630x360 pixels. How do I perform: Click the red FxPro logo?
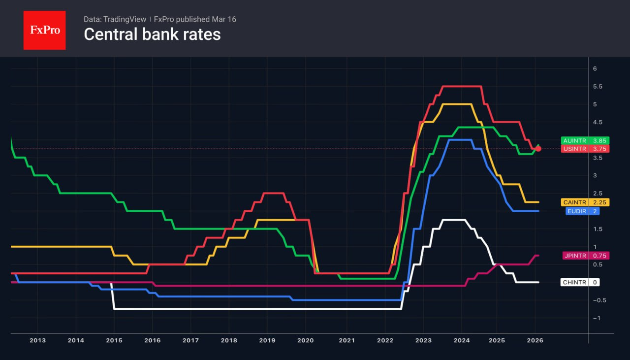tap(44, 30)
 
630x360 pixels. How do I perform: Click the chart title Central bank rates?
tap(152, 34)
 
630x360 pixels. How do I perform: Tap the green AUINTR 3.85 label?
tap(585, 140)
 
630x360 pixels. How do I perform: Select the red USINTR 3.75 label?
tap(585, 149)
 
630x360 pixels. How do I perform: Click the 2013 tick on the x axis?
tap(37, 340)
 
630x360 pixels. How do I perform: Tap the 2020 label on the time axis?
tap(305, 340)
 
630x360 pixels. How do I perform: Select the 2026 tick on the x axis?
tap(535, 340)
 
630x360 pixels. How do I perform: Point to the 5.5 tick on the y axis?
tap(598, 87)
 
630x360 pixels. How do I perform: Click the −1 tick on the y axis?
tap(596, 318)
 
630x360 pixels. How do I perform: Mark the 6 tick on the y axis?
tap(595, 68)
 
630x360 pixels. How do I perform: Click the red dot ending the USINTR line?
tap(538, 149)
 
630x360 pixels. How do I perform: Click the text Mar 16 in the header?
tap(225, 19)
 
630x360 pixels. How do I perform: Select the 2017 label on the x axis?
tap(190, 340)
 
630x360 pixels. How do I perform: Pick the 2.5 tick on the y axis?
tap(598, 194)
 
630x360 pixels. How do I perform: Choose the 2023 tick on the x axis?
tap(423, 340)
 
